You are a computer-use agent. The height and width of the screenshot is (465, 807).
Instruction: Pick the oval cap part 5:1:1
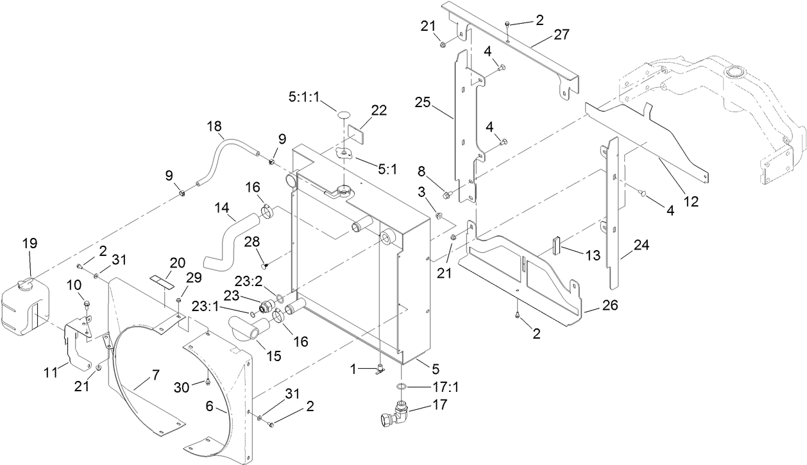pyautogui.click(x=344, y=115)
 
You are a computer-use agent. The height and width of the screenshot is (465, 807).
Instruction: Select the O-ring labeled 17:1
pyautogui.click(x=401, y=387)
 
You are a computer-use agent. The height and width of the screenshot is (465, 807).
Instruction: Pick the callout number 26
pyautogui.click(x=609, y=307)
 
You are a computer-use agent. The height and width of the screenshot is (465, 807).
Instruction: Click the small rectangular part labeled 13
pyautogui.click(x=557, y=247)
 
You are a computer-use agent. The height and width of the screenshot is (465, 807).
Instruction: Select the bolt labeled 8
pyautogui.click(x=446, y=192)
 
